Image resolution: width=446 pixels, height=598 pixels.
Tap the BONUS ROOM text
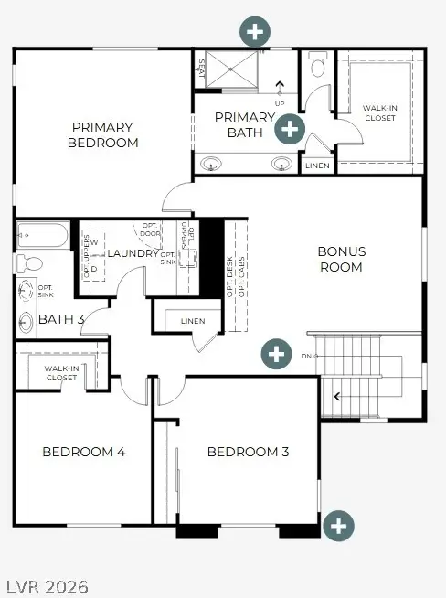[x=342, y=259]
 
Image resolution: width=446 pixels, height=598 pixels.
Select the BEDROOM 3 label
[x=248, y=452]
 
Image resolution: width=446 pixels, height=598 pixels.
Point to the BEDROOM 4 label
[x=83, y=452]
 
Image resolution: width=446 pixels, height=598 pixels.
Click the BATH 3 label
[x=61, y=319]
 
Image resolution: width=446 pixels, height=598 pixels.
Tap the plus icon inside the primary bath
[x=290, y=128]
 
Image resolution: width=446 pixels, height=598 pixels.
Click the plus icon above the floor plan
[x=255, y=32]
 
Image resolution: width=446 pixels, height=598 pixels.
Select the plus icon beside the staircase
[x=276, y=353]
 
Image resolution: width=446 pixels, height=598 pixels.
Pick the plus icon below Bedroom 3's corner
[x=338, y=525]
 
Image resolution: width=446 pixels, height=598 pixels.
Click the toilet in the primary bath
[x=318, y=66]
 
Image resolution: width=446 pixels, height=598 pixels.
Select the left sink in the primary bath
[x=212, y=165]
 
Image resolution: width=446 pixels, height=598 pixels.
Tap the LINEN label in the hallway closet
[x=193, y=321]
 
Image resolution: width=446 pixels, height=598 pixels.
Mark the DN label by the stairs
[x=308, y=356]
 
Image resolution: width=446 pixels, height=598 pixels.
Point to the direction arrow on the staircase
[x=338, y=396]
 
